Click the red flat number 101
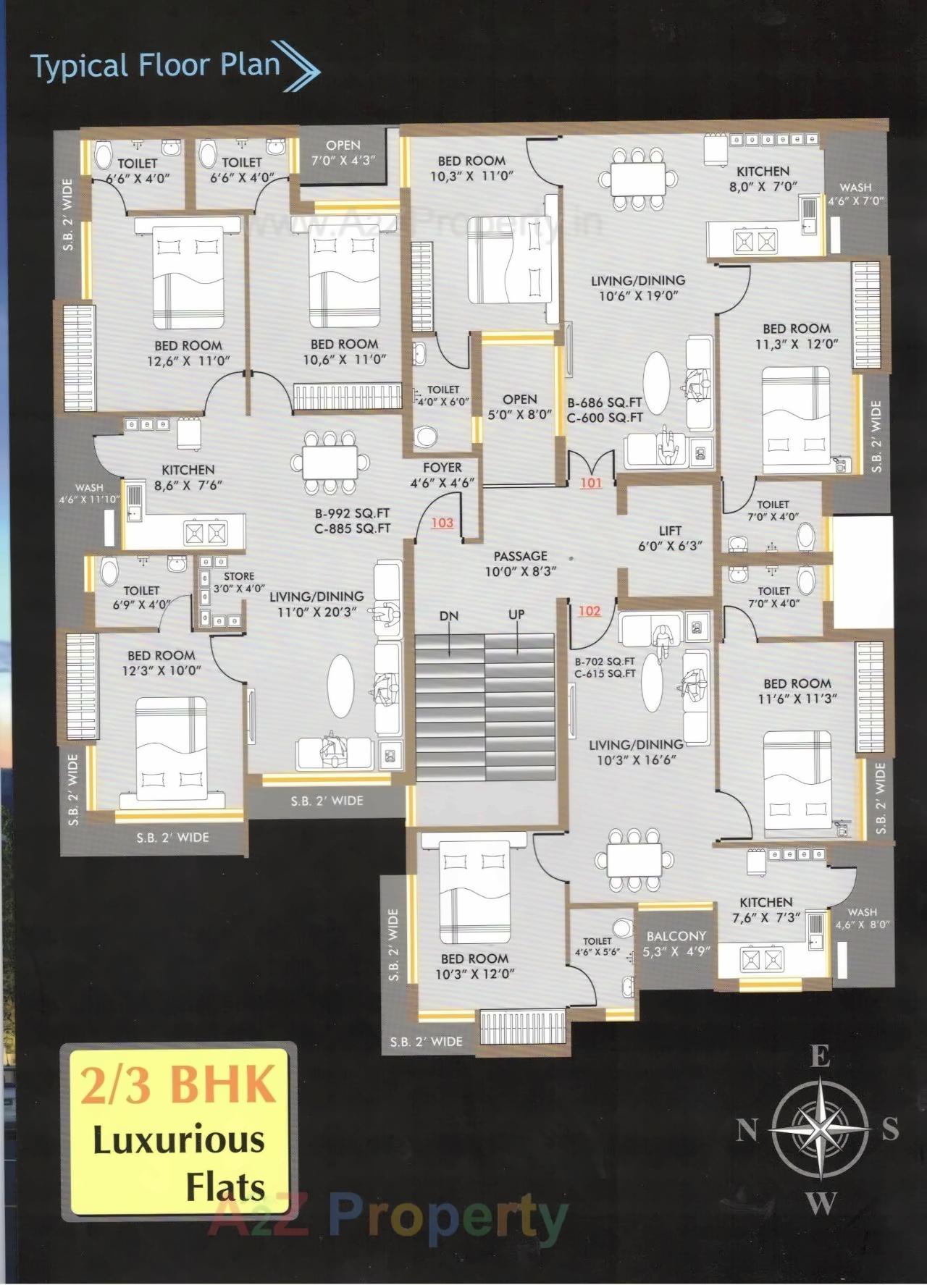tap(591, 483)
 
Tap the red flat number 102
tap(590, 611)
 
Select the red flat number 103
tap(442, 523)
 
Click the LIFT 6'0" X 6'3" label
tap(670, 539)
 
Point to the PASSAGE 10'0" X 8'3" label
tap(520, 564)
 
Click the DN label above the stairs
tap(449, 616)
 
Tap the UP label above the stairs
tap(516, 615)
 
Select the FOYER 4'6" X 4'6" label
tap(442, 475)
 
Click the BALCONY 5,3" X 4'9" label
tap(676, 943)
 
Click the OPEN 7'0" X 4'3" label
tap(343, 153)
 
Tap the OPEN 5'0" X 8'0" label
tap(520, 407)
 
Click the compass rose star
tap(819, 1129)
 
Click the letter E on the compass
tap(819, 1058)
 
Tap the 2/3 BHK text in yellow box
tap(178, 1084)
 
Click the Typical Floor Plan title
tap(156, 66)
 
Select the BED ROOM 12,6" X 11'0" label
tap(188, 353)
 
